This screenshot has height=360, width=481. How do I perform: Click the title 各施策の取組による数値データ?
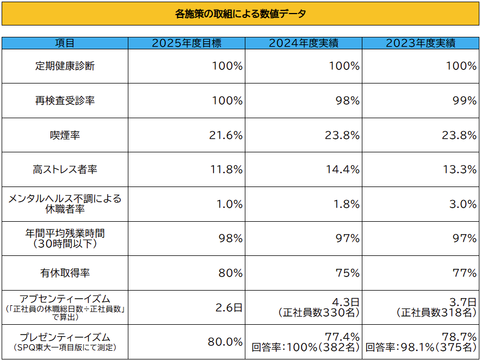tap(240, 14)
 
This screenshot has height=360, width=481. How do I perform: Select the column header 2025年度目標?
tap(186, 43)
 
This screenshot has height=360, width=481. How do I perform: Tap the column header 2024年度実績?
tap(303, 43)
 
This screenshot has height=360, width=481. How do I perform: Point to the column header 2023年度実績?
tap(420, 43)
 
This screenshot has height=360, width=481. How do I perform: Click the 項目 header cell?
tap(65, 43)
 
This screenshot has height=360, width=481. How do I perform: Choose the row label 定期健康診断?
tap(65, 66)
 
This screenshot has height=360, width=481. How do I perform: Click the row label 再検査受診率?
tap(65, 101)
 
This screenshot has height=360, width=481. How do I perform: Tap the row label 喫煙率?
tap(65, 136)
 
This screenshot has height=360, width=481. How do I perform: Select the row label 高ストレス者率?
tap(65, 170)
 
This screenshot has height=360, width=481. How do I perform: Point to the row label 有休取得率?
tap(65, 273)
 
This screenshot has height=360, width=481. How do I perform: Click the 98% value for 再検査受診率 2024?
tap(347, 101)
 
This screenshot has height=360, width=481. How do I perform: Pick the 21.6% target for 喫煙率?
tap(226, 136)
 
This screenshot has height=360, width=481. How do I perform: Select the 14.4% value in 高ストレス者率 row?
tap(342, 170)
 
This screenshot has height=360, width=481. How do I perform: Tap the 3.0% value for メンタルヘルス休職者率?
tap(464, 204)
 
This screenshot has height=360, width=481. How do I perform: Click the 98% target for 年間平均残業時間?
tap(230, 239)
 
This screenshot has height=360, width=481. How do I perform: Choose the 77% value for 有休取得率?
tap(464, 273)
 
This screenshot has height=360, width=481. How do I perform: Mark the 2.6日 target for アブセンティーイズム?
tap(229, 307)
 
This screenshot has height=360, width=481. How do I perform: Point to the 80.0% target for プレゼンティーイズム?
tap(225, 342)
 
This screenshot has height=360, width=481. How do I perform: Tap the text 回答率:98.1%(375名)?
tap(421, 347)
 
